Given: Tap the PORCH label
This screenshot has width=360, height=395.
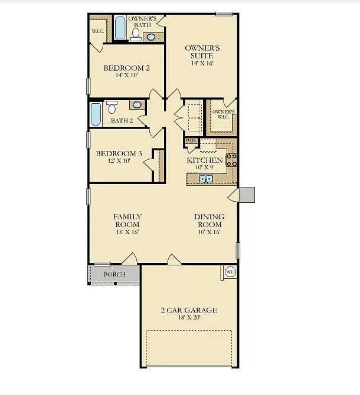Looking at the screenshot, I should pos(114,275).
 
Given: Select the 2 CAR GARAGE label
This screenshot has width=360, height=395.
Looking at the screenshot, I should pos(189,310).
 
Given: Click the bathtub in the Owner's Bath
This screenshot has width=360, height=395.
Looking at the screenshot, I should pos(120,28).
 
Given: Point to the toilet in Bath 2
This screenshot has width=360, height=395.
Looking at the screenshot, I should pos(112,107).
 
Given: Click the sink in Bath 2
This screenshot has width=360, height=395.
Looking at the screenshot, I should pos(137,105).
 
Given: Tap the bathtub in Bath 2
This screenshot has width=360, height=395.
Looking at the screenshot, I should pos(96,115).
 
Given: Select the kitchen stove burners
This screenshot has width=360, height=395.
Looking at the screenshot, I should pos(232,159).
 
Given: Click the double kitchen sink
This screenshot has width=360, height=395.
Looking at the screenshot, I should pos(205,179).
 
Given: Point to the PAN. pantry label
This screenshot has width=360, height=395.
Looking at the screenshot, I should pos(191,141).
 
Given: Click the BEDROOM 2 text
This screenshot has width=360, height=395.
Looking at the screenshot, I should pos(126,68).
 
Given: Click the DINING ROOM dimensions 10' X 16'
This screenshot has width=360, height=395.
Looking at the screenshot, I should pos(209,232).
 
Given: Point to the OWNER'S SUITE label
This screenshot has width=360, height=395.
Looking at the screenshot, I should pos(202,52).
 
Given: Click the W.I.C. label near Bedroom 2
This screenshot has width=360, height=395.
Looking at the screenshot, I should pos(97,31).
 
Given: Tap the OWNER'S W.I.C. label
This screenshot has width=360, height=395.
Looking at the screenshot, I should pos(223,114).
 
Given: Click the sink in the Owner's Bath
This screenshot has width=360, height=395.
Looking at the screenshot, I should pos(151,37).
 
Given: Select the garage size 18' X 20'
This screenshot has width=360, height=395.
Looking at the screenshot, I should pos(189,318).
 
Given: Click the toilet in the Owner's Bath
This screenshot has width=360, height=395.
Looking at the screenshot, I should pos(135,35).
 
